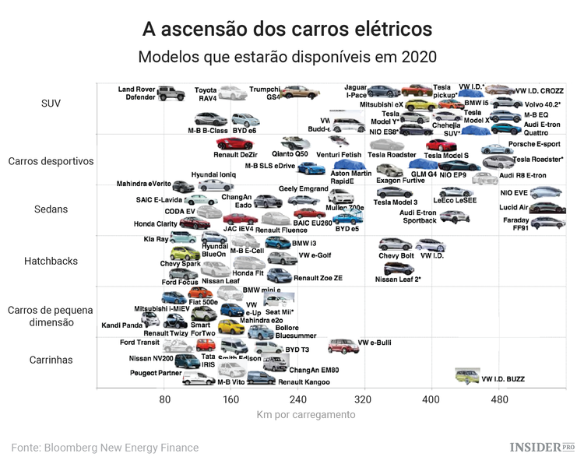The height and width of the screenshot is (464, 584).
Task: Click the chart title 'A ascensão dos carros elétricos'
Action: pos(287,29)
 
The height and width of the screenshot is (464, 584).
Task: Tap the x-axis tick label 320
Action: pos(364,399)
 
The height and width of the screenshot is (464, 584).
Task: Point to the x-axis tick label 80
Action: pos(165,399)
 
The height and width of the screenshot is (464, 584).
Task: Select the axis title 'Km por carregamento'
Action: pos(306,414)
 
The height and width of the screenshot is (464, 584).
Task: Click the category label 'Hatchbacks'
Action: pos(54,261)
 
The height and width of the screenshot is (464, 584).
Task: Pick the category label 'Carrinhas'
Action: pos(51,360)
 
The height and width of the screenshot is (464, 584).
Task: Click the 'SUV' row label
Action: pos(51,103)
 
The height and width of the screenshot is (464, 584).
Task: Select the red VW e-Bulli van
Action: pos(342,346)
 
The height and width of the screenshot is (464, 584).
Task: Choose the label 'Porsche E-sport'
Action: pos(533,144)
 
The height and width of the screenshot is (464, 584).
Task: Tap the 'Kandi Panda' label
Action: pos(121,325)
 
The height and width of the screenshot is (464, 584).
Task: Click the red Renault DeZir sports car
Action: pos(234,143)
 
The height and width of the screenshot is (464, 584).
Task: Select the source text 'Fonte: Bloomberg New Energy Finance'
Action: pos(104,448)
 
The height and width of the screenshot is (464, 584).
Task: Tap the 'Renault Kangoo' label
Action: pos(304,382)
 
